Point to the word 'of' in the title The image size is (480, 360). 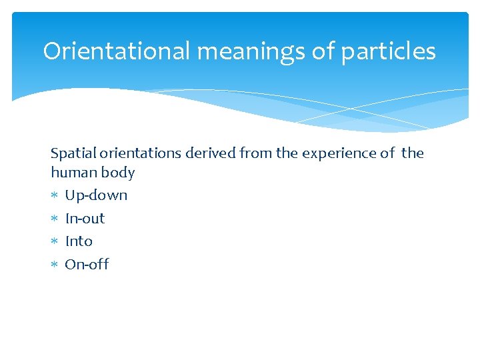(323, 51)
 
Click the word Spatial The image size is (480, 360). (72, 153)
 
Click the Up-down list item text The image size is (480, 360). (96, 195)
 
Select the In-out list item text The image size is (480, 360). (85, 219)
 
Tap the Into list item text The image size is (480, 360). (79, 241)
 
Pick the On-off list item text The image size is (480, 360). (87, 265)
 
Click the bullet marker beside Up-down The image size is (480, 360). (55, 196)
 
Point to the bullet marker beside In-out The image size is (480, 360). (55, 219)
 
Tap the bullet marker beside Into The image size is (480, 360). (55, 242)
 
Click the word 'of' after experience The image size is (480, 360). (388, 153)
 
